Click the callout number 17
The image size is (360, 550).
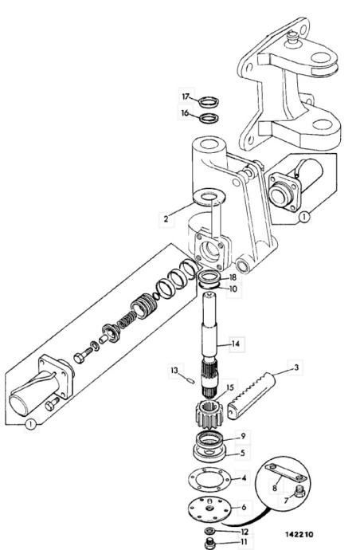(186, 96)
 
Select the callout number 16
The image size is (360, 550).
(185, 113)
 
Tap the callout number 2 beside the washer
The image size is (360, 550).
(166, 219)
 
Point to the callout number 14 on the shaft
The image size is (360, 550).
(236, 344)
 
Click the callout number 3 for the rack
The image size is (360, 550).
(296, 367)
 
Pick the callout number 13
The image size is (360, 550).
(174, 371)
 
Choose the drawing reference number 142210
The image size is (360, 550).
(299, 534)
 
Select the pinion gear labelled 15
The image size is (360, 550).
(209, 416)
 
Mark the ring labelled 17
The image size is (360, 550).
(209, 102)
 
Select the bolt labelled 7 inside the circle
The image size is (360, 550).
(299, 492)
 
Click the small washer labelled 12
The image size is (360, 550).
(209, 529)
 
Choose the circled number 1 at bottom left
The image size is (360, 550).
(31, 425)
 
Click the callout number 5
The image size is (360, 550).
(242, 454)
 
